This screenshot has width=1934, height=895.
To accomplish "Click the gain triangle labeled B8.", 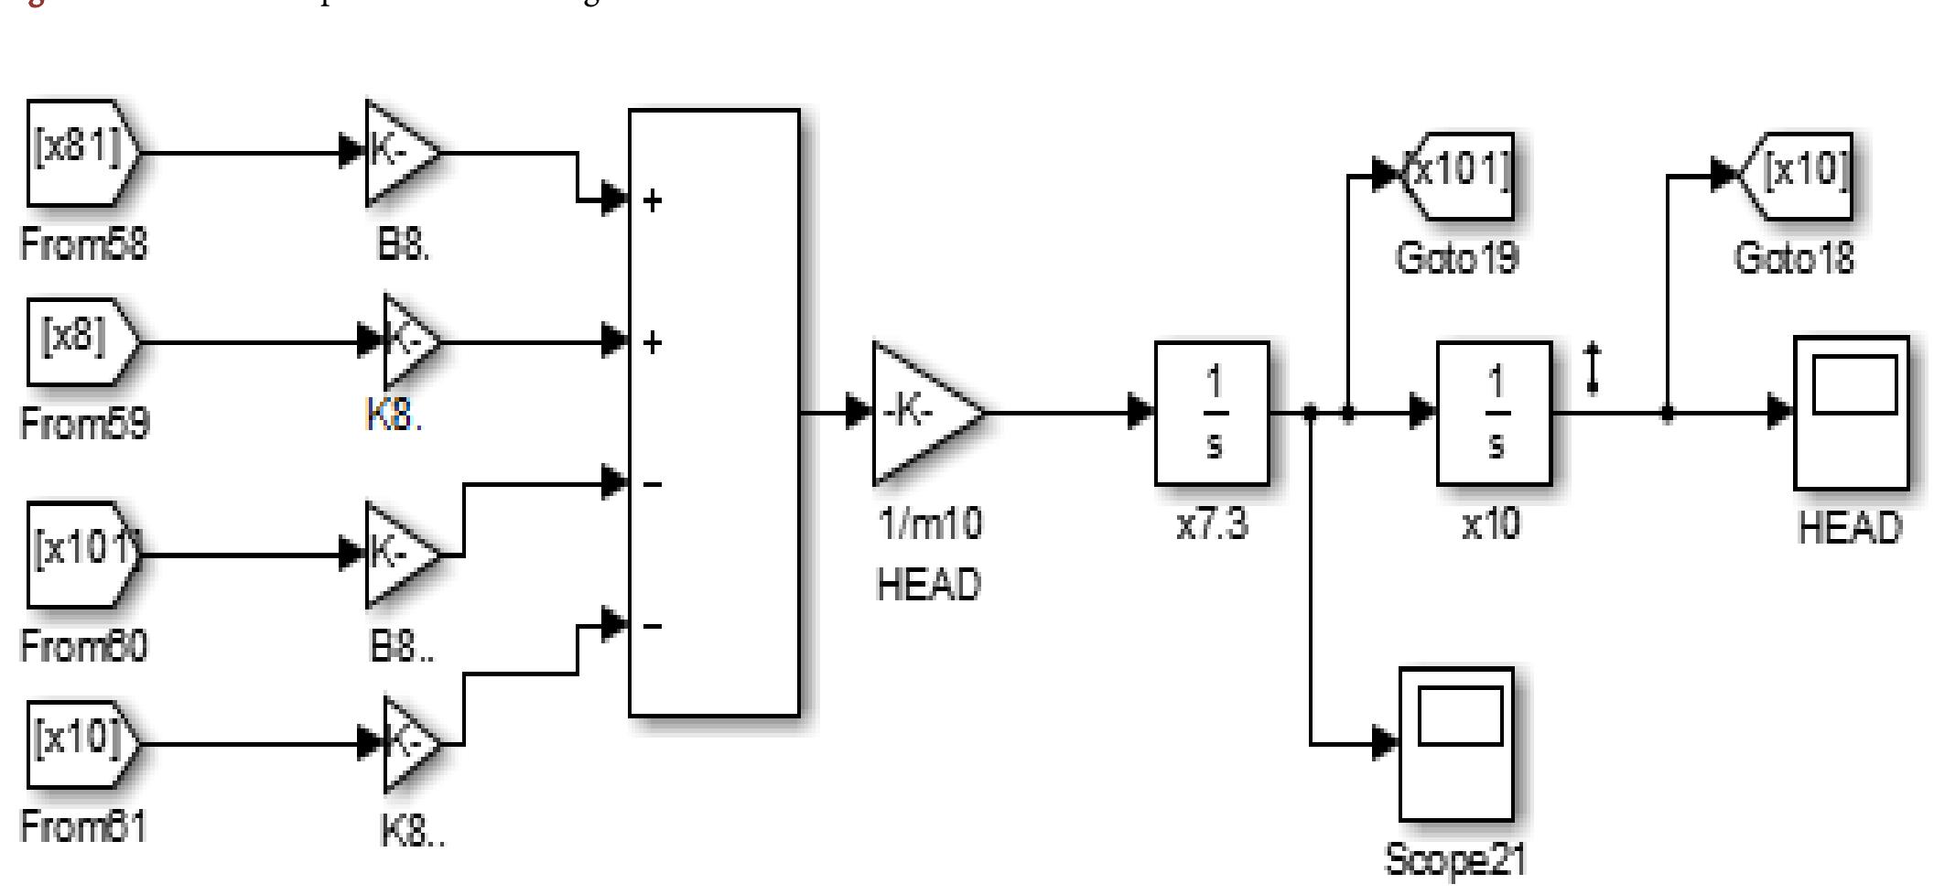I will coord(398,153).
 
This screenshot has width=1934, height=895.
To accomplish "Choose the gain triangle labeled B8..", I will coord(398,555).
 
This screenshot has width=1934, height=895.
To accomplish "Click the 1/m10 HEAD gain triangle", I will coord(920,413).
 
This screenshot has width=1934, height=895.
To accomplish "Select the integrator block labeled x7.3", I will coord(1212,413).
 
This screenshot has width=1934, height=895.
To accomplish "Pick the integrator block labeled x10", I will coord(1494,413).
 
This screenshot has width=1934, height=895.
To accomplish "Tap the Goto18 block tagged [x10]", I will coord(1796,175).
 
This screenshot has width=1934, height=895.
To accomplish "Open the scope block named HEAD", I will coord(1851,413).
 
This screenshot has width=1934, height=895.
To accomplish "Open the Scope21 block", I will coord(1455,744).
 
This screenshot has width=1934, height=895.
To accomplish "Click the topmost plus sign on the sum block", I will coord(652,200).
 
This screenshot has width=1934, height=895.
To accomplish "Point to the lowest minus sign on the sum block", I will coord(652,627).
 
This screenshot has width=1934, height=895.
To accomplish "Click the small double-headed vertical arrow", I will coord(1593,368).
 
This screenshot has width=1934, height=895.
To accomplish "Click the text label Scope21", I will coord(1455,860).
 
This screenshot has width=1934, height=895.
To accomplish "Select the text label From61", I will coord(82,826).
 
